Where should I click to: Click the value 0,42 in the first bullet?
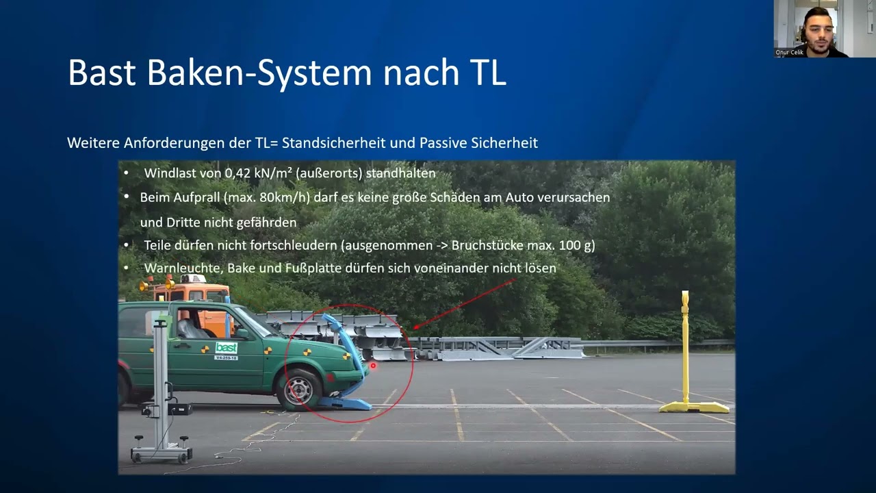[238, 173]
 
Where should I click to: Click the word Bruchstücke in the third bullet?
[488, 245]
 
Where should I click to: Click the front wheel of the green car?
[299, 390]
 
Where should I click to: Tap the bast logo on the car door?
[226, 347]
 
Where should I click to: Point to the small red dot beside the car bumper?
[374, 366]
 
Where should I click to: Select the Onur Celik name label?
[790, 52]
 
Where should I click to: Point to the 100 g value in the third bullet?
[578, 245]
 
